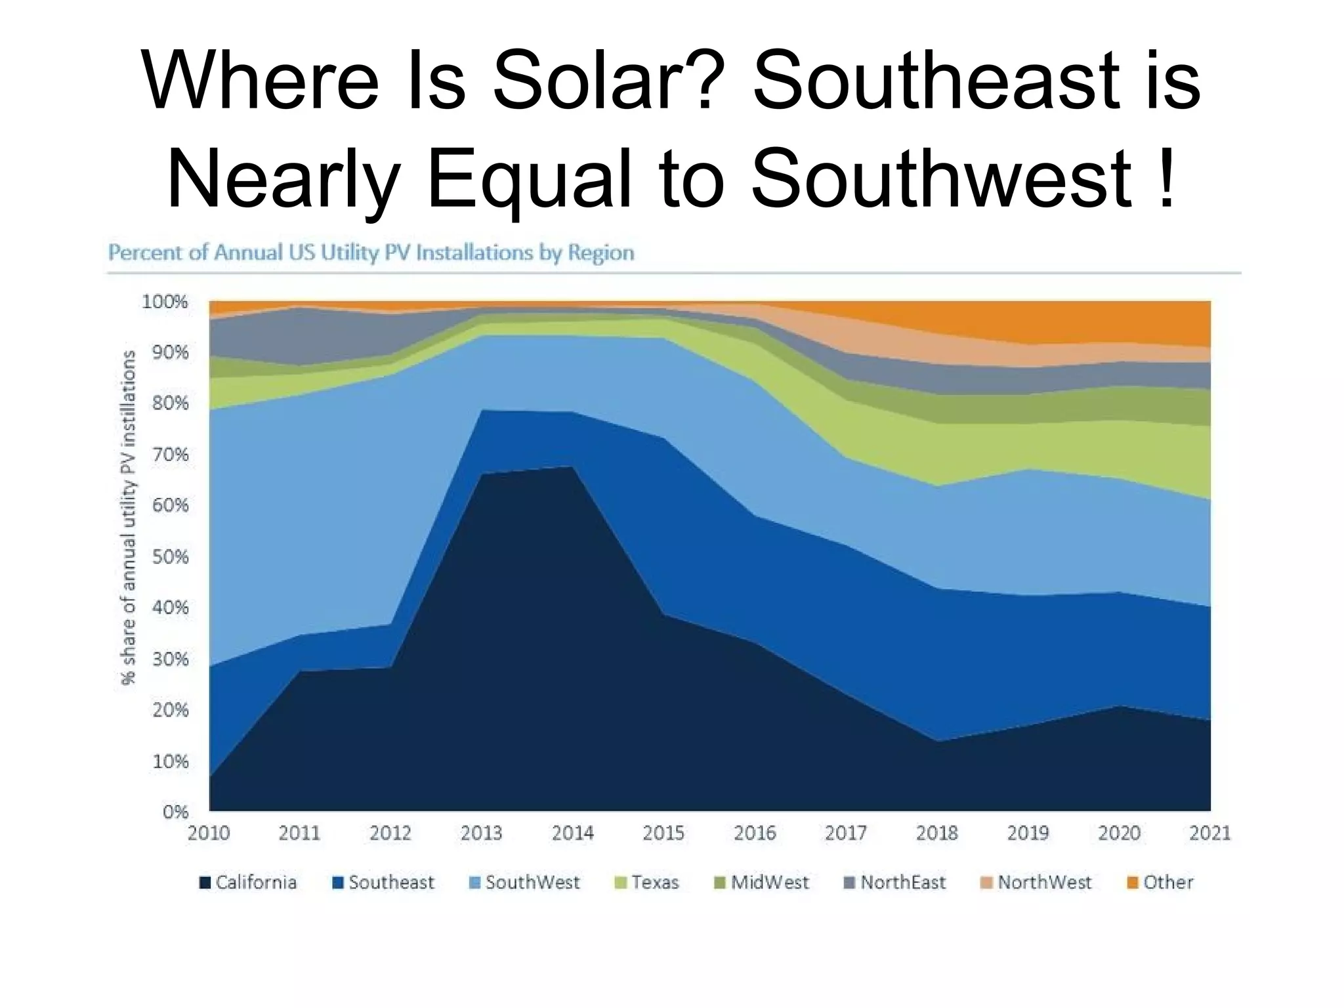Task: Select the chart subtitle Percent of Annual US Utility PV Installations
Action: pyautogui.click(x=371, y=253)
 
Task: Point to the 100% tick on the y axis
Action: pyautogui.click(x=165, y=303)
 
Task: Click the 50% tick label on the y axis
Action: pyautogui.click(x=170, y=557)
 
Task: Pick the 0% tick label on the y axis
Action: pyautogui.click(x=175, y=812)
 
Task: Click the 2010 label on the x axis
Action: pyautogui.click(x=209, y=833)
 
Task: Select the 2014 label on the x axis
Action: pyautogui.click(x=573, y=833)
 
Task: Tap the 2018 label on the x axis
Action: pyautogui.click(x=937, y=833)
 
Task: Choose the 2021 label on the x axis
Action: pyautogui.click(x=1209, y=833)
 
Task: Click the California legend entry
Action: pyautogui.click(x=248, y=883)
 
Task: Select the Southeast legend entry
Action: pyautogui.click(x=384, y=883)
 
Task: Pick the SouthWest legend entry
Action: pyautogui.click(x=525, y=883)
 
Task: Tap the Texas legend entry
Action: pyautogui.click(x=647, y=883)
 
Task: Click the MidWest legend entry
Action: pyautogui.click(x=762, y=883)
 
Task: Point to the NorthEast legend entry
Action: pyautogui.click(x=895, y=883)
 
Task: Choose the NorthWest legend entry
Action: pyautogui.click(x=1036, y=883)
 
